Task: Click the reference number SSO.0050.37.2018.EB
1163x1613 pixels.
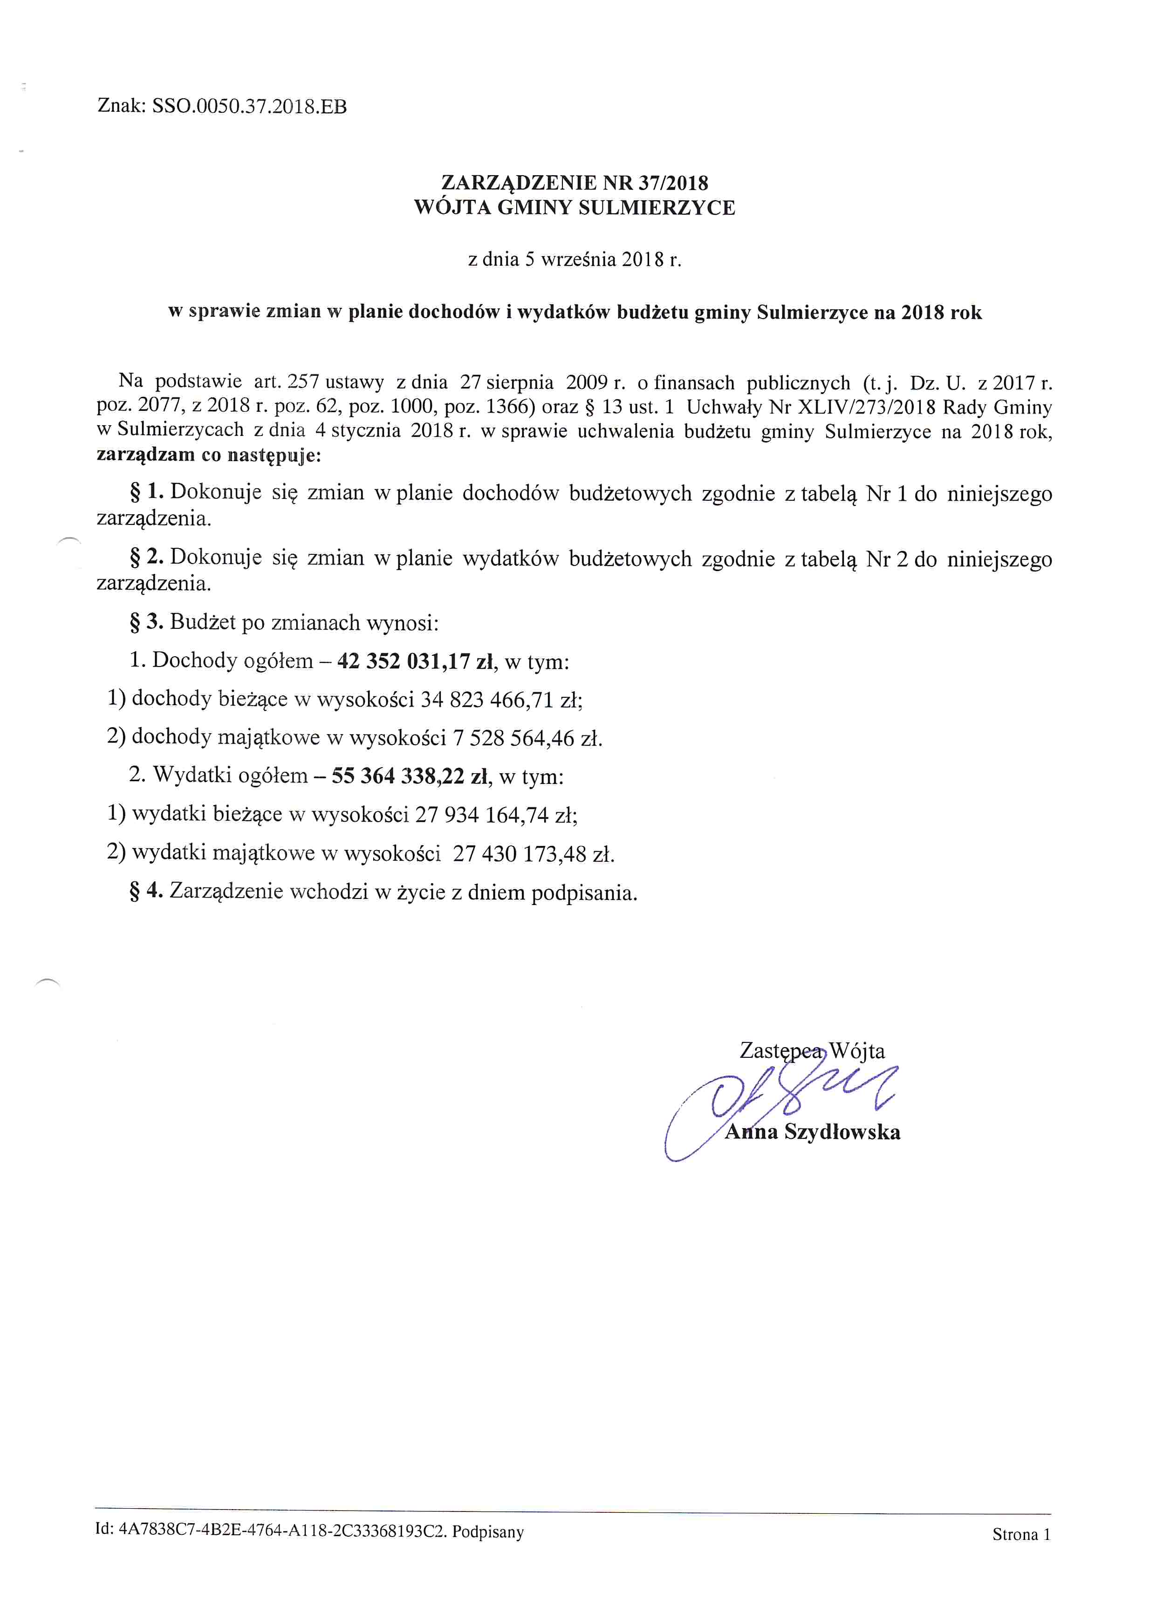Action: (249, 107)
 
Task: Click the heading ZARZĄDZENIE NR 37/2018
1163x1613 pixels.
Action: (574, 183)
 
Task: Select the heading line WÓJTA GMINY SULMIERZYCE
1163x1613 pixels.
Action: (574, 208)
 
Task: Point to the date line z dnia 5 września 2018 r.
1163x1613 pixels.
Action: (574, 259)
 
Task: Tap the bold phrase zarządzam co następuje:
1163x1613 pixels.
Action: (208, 455)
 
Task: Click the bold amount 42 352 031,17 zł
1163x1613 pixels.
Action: (416, 661)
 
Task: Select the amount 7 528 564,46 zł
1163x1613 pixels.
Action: (527, 738)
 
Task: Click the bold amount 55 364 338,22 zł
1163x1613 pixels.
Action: (410, 776)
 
